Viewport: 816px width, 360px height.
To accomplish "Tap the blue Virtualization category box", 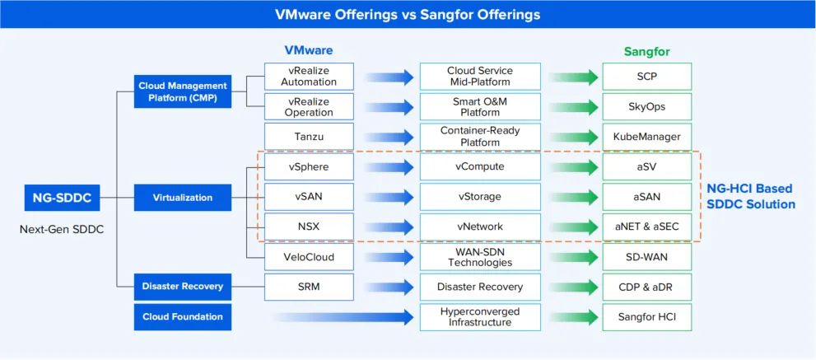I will coord(182,198).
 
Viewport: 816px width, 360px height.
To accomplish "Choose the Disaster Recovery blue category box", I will coord(182,287).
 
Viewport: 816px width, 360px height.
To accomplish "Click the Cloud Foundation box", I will coord(182,316).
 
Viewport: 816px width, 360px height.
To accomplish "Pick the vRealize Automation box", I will coord(309,77).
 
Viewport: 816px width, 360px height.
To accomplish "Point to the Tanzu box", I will coord(309,137).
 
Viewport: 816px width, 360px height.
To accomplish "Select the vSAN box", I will coord(309,197).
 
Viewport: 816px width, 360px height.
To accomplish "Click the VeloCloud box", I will coord(309,256).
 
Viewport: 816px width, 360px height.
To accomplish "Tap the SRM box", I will coord(309,287).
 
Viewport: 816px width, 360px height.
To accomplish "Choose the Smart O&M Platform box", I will coord(480,106).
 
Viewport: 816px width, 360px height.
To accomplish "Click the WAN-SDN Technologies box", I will coord(480,256).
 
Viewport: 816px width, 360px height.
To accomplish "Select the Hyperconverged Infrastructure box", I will coord(480,316).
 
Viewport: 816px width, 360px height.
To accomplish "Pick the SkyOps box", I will coord(646,106).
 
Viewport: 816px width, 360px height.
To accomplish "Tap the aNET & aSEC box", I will coord(646,227).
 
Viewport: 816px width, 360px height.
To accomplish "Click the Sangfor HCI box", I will coord(646,316).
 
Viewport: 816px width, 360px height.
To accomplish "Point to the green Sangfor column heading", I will coord(646,51).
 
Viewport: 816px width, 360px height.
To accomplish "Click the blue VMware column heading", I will coord(309,50).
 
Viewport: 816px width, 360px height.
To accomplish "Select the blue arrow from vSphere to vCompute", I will coord(389,167).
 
